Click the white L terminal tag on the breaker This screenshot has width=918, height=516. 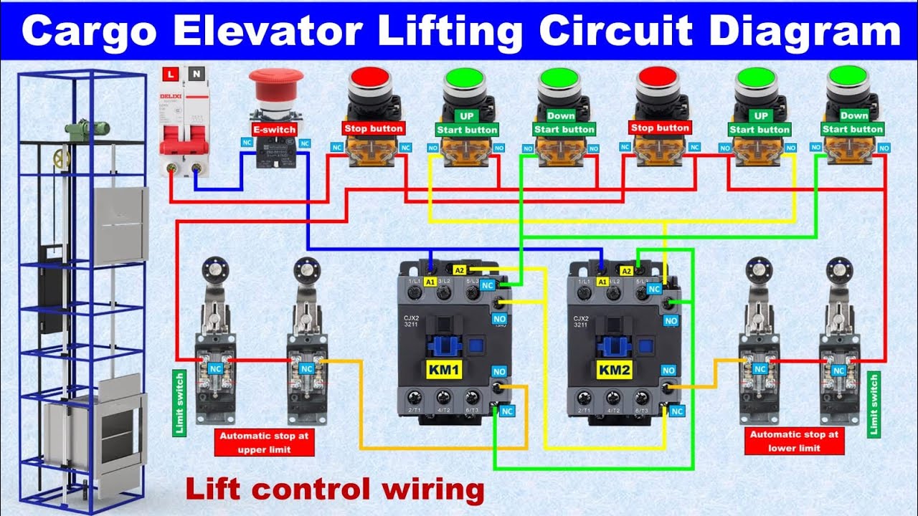point(171,73)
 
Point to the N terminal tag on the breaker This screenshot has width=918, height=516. point(195,73)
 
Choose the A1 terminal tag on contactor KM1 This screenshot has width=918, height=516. point(431,282)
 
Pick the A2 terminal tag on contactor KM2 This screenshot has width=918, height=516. point(626,271)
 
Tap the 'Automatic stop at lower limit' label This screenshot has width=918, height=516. point(794,441)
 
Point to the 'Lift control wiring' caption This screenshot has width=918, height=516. point(335,489)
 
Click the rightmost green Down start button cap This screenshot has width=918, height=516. point(848,77)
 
